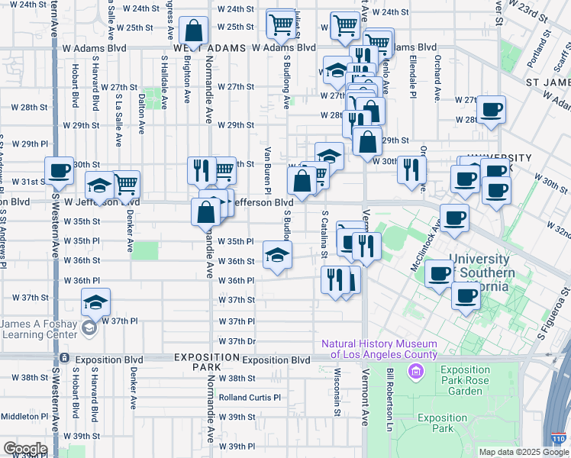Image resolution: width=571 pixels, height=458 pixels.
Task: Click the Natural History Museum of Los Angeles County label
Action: (x=379, y=349)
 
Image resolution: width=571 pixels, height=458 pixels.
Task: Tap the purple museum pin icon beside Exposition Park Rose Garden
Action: (x=416, y=373)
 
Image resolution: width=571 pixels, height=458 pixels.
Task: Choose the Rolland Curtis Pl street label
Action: (x=250, y=398)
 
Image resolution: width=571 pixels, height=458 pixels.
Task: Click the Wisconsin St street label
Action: (x=337, y=393)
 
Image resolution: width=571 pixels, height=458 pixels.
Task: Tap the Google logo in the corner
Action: (x=25, y=449)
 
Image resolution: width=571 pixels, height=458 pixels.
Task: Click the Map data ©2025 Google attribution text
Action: (x=524, y=452)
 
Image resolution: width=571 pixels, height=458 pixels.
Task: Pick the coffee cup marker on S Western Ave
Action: (x=60, y=171)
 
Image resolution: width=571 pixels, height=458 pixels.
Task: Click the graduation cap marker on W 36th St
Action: (x=277, y=256)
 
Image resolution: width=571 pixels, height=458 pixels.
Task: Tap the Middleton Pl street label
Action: (x=25, y=417)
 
